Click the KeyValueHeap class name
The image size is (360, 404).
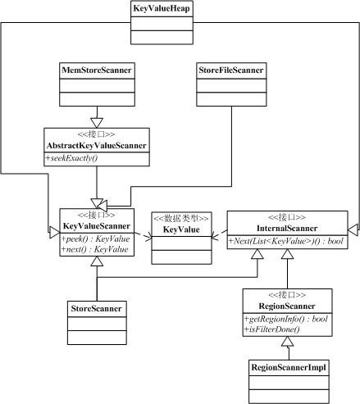pyautogui.click(x=162, y=8)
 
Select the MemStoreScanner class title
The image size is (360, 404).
pyautogui.click(x=97, y=70)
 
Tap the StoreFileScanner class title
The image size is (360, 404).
pyautogui.click(x=231, y=70)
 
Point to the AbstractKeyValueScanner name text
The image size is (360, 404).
pyautogui.click(x=97, y=145)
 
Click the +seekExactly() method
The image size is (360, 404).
pyautogui.click(x=71, y=158)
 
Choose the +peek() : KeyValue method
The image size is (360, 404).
pyautogui.click(x=95, y=238)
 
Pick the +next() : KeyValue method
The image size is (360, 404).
pyautogui.click(x=94, y=249)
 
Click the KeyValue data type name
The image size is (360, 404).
pyautogui.click(x=181, y=229)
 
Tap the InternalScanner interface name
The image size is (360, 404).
pyautogui.click(x=287, y=228)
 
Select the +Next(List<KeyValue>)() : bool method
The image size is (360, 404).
pyautogui.click(x=286, y=241)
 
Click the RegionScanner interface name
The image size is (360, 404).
pyautogui.click(x=287, y=306)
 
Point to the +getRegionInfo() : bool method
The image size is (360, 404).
pyautogui.click(x=286, y=319)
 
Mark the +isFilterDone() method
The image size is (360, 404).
pyautogui.click(x=272, y=329)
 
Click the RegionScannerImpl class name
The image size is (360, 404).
pyautogui.click(x=289, y=367)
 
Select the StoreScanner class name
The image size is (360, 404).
pyautogui.click(x=96, y=308)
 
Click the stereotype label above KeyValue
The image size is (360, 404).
pyautogui.click(x=181, y=218)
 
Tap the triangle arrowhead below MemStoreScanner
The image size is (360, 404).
pyautogui.click(x=97, y=123)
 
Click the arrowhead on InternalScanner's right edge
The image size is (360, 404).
pyautogui.click(x=353, y=229)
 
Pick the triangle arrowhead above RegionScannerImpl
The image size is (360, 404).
pyautogui.click(x=288, y=342)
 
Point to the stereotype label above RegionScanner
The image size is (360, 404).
pyautogui.click(x=287, y=295)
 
